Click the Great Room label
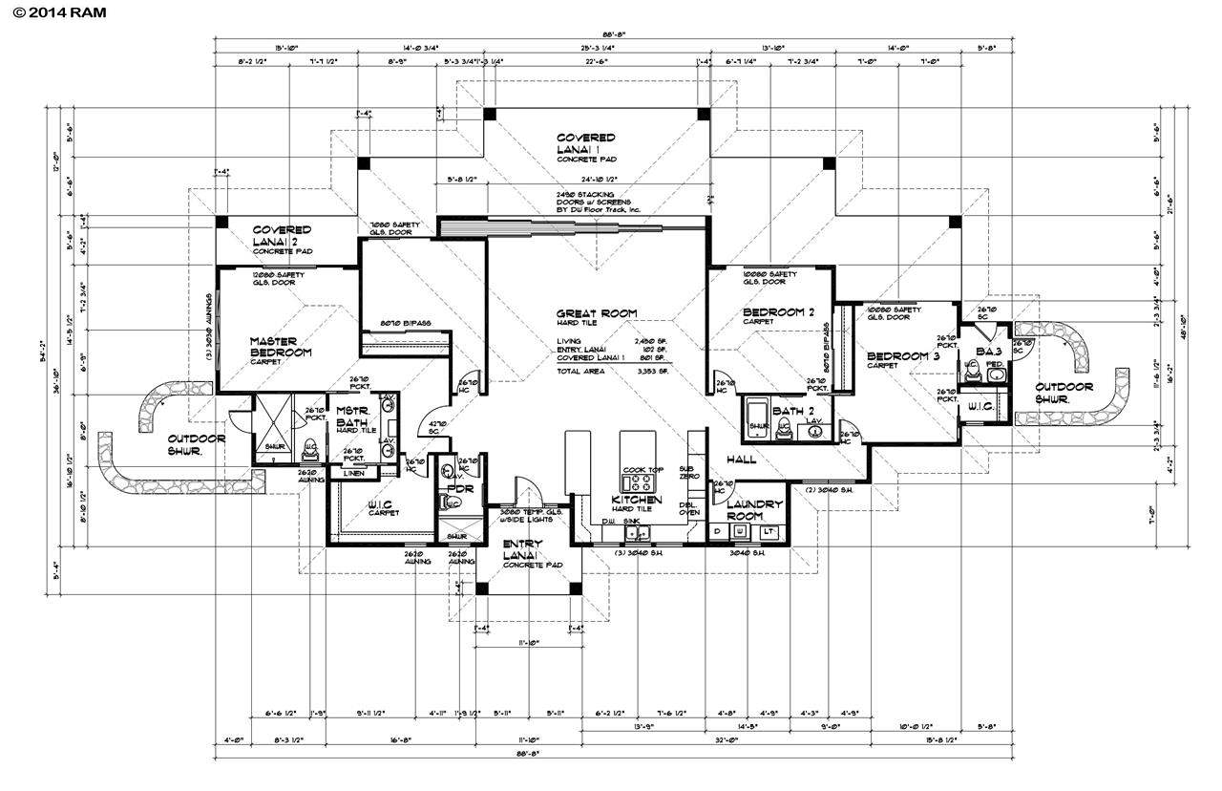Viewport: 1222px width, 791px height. click(597, 313)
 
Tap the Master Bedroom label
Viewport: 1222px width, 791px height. click(281, 347)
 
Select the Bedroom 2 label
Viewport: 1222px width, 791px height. click(778, 312)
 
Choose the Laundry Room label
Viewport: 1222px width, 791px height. click(754, 509)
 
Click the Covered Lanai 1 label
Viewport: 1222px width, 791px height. click(586, 144)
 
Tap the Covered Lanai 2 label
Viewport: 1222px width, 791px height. click(282, 236)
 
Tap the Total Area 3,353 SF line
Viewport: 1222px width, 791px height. click(614, 371)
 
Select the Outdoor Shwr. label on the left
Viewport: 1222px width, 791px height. click(197, 444)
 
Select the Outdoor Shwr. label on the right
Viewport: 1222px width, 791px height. click(1064, 393)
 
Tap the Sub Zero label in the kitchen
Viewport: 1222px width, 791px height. click(685, 473)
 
